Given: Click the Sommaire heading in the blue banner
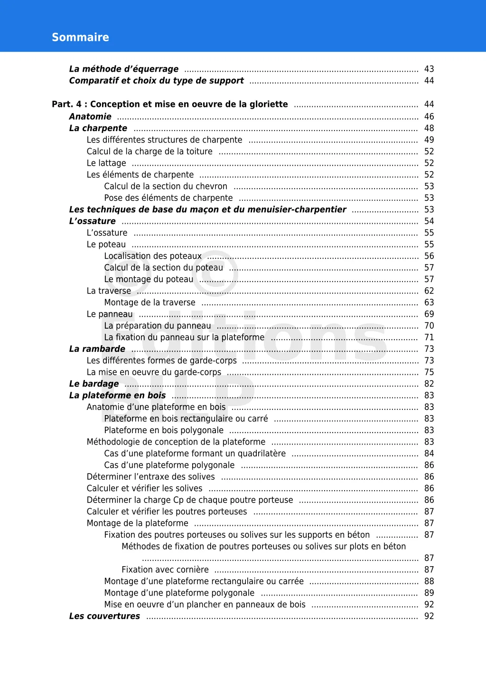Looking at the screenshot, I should pos(80,38).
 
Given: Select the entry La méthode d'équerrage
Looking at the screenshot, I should pos(124,69).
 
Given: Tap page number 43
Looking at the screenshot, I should pos(429,69).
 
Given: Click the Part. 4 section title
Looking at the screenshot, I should pos(170,104).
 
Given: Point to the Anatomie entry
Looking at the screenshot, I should pos(90,117).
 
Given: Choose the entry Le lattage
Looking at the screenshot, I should pos(106,163).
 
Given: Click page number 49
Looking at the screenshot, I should pos(429,140).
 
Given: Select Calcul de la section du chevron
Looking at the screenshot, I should pos(166,187).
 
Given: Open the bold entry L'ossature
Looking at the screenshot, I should pos(93,221).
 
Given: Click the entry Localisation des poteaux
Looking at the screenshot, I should pos(153,256).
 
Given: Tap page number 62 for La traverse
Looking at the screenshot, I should pos(429,291).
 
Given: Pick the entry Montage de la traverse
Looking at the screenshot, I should pos(150,303).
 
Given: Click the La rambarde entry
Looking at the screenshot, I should pos(97,349).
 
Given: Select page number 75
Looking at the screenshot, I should pos(429,372).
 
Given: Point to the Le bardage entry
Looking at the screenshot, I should pos(94,384).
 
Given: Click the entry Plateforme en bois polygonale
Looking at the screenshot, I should pos(164,430).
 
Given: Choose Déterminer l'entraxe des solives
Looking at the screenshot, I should pos(150,477).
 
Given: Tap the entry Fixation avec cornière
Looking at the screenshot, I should pos(165,570).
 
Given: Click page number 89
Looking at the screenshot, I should pos(429,593).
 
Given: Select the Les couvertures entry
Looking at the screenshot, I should pos(104,616).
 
